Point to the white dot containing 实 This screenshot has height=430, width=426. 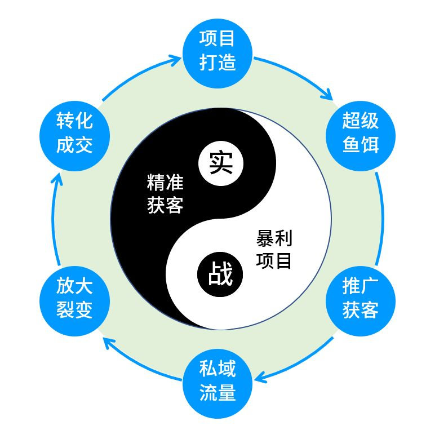point(220,163)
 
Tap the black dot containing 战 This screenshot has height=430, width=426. point(220,274)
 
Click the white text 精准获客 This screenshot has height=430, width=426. point(165,194)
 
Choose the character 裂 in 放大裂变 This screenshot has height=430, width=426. point(64,309)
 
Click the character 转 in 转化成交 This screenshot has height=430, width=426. point(64,121)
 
